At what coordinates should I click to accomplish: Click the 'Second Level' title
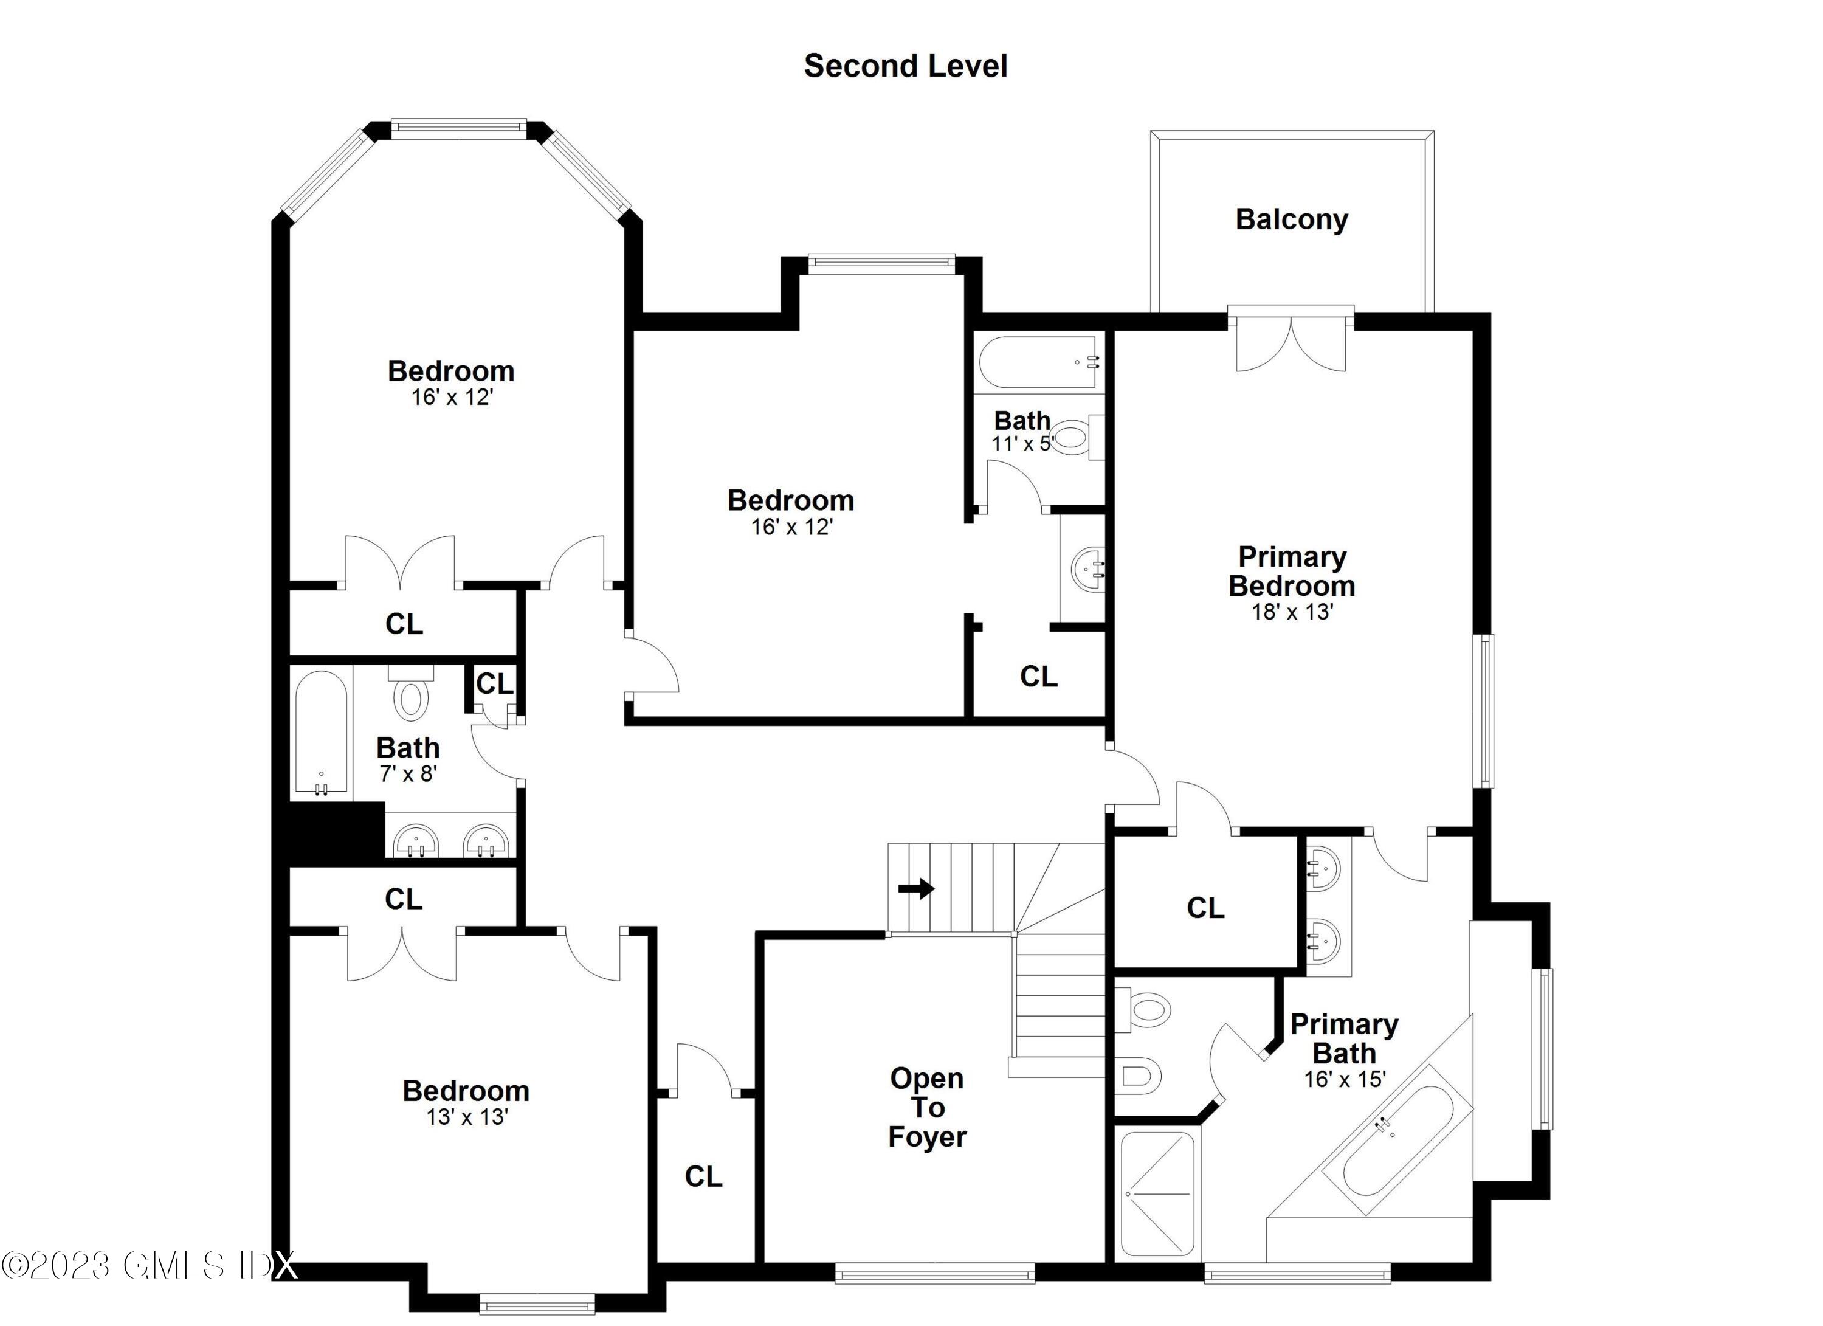coord(905,66)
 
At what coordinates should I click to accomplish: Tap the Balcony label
coord(1291,219)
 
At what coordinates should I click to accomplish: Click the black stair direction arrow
coord(915,888)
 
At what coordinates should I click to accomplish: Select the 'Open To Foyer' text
coord(927,1107)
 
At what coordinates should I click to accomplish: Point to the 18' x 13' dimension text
coord(1292,612)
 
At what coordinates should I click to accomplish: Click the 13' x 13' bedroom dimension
coord(466,1117)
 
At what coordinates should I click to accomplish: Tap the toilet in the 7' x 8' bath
coord(411,697)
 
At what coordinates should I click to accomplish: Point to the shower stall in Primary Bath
coord(1157,1193)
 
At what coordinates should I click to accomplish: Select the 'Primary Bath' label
coord(1344,1038)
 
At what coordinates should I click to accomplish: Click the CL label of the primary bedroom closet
coord(1205,908)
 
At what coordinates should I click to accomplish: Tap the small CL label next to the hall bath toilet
coord(494,683)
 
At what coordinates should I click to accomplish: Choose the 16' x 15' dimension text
coord(1344,1079)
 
